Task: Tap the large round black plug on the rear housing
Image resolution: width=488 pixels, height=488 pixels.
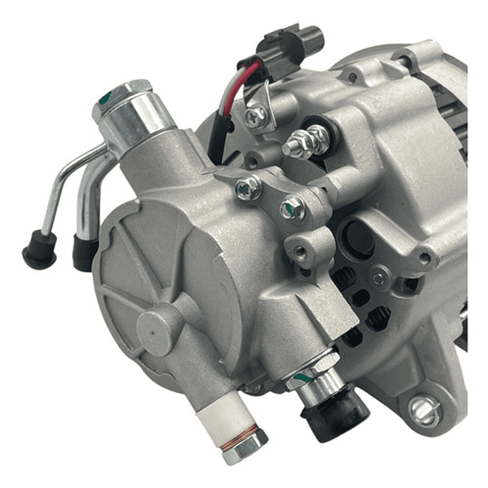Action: click(357, 238)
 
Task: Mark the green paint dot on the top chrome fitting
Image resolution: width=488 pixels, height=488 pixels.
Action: click(103, 100)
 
